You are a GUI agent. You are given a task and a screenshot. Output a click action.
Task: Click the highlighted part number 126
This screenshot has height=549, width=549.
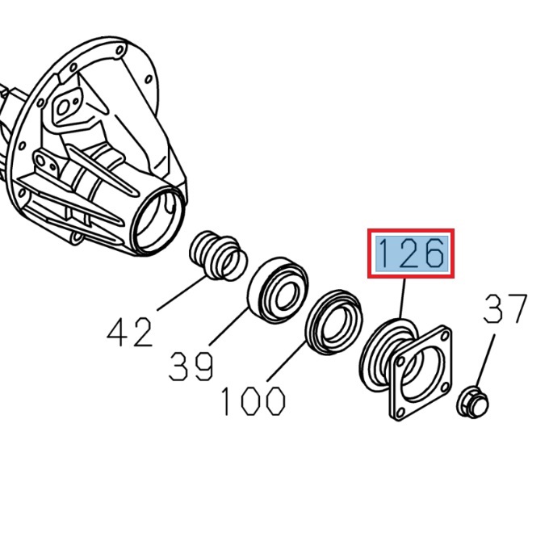pos(411,254)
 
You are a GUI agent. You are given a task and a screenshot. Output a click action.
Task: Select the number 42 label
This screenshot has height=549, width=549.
pos(130,332)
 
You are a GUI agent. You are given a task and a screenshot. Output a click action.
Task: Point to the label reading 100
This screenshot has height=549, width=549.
pos(253,400)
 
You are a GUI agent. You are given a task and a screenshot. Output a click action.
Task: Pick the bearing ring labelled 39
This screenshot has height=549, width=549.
pos(277,289)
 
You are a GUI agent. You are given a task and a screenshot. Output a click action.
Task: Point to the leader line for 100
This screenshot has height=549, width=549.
pos(287,362)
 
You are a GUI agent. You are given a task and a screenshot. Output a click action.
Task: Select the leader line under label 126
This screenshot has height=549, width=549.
pos(402,299)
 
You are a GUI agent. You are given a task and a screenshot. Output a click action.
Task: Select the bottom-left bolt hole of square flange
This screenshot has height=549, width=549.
pos(398,412)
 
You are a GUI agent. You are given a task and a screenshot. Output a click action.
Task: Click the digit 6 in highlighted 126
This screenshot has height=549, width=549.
pos(432,254)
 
